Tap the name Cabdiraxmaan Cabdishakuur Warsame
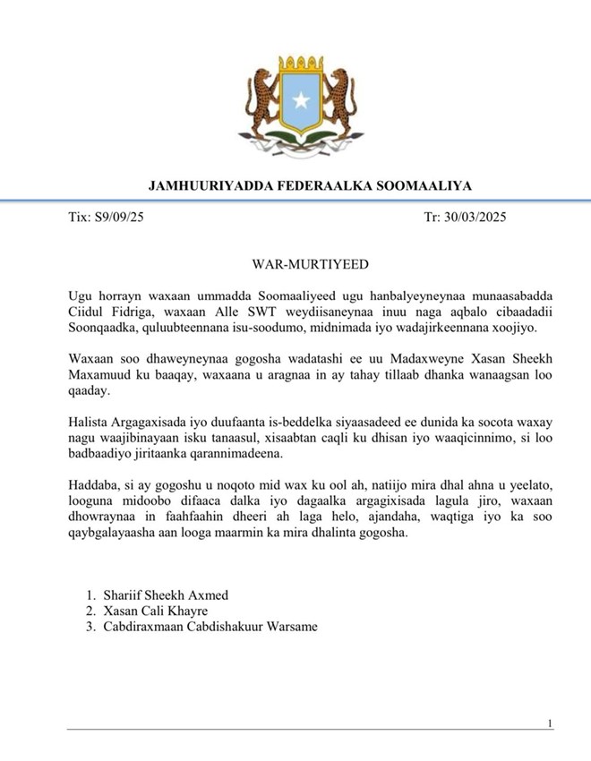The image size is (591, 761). coord(208,627)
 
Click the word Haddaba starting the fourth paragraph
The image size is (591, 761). coord(93,484)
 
